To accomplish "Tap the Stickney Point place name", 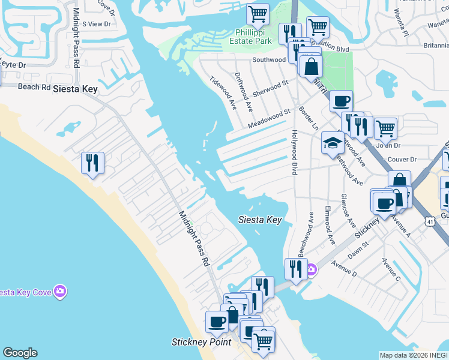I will (x=201, y=342).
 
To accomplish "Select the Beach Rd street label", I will (x=34, y=86).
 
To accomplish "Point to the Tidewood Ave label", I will (x=223, y=93).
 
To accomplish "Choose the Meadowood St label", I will (x=270, y=118).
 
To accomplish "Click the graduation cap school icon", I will (x=332, y=143).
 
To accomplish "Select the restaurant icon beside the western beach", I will (x=92, y=163).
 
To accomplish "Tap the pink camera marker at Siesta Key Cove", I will (x=59, y=292).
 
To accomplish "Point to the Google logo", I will (x=20, y=353).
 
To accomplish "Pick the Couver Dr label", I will (x=402, y=159).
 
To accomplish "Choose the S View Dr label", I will (x=97, y=24).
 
